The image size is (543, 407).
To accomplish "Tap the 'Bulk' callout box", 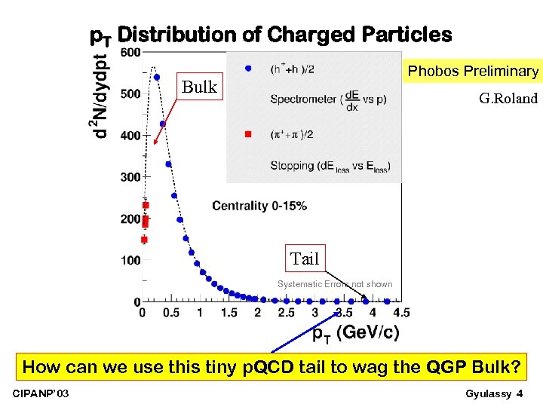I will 199,87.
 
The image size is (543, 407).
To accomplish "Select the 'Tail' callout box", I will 305,259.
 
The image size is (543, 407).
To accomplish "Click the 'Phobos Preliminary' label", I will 473,72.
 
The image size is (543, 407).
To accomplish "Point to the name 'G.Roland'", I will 508,99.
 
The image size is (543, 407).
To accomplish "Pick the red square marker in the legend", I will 247,134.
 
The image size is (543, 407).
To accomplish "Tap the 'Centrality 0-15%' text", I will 259,206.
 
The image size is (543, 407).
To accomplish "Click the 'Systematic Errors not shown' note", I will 335,284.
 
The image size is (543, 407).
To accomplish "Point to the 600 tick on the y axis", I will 129,52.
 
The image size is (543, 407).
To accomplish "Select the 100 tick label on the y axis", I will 129,261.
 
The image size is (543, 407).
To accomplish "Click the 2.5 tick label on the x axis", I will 287,313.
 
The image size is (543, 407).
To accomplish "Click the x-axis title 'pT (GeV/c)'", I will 355,332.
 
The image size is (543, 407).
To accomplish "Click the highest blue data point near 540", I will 157,77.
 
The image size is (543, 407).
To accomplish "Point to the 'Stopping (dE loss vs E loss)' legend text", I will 329,167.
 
